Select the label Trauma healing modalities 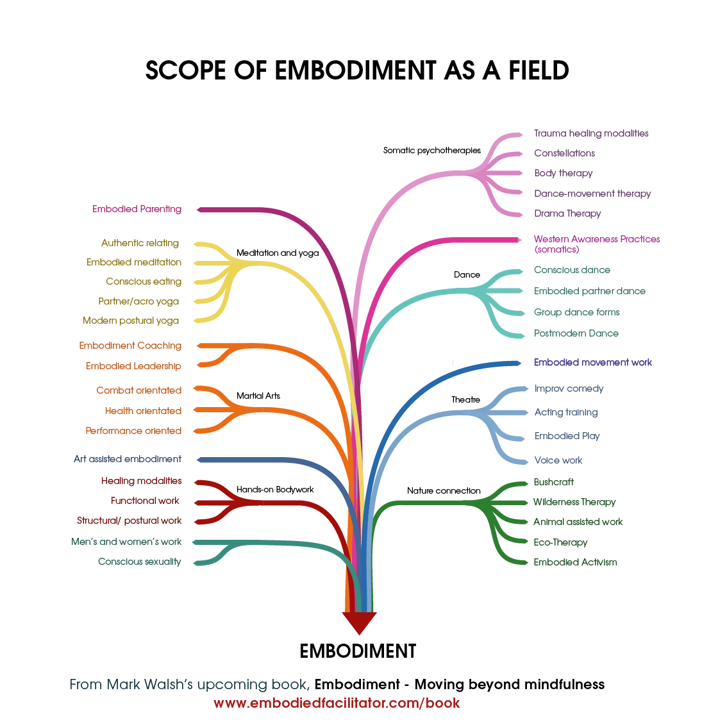coord(591,133)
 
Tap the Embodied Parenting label coord(137,209)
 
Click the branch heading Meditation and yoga coord(278,253)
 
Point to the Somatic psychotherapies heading coord(432,150)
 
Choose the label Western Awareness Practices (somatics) coord(597,244)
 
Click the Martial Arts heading coord(258,396)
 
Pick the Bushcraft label coord(554,482)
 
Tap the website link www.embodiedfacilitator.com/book coord(337,703)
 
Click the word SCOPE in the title coord(185,71)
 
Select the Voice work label coord(558,460)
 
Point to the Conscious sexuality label coord(140,562)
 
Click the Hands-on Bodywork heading coord(275,490)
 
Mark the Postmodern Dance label coord(576,333)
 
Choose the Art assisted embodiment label coord(128,459)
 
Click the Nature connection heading coord(444,490)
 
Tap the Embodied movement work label coord(593,362)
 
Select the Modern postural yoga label coord(131,321)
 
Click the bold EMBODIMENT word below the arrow coord(358,651)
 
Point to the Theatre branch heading coord(466,399)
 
